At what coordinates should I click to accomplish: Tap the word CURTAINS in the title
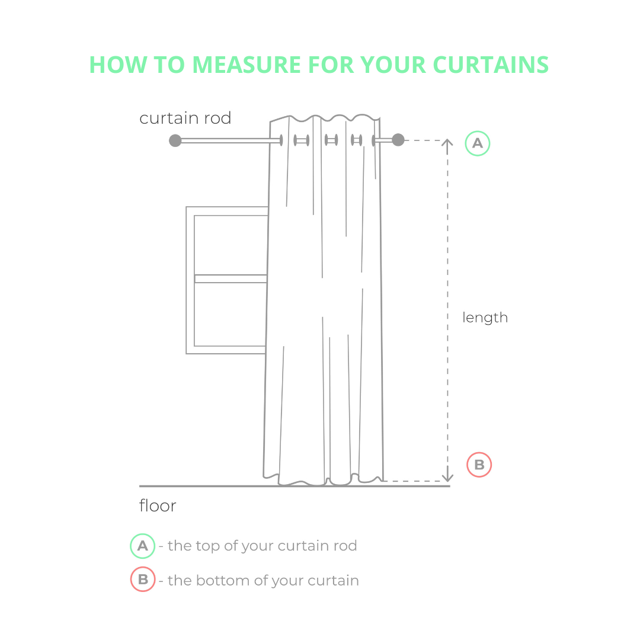click(491, 65)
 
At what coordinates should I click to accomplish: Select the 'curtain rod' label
click(185, 118)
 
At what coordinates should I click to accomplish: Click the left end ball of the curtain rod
click(175, 140)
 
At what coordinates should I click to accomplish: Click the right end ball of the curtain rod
click(398, 140)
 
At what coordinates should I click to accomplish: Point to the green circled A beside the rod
click(477, 143)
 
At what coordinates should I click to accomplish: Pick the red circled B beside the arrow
click(479, 465)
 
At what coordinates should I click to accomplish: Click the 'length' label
click(485, 317)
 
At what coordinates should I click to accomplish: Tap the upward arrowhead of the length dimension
click(447, 142)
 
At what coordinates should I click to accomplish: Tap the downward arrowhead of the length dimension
click(448, 478)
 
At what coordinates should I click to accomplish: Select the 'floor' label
click(158, 505)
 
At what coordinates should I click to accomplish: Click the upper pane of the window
click(231, 245)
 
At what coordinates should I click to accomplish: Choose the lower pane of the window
click(230, 314)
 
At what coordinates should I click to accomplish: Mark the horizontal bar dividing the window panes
click(231, 279)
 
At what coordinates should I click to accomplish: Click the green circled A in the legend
click(142, 546)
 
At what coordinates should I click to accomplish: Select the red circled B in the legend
click(143, 579)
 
